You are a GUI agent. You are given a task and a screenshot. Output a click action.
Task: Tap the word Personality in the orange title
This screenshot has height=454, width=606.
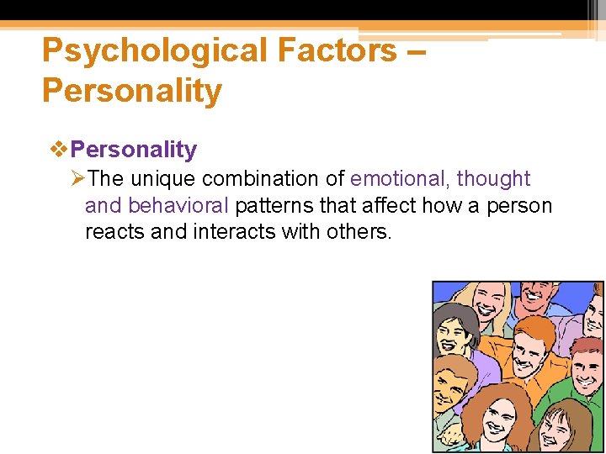[132, 90]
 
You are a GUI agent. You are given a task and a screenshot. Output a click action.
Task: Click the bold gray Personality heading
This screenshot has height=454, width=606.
[134, 150]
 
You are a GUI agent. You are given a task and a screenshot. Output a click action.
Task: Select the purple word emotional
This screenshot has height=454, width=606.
[399, 179]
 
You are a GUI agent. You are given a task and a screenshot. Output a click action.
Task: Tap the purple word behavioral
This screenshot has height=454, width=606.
[178, 206]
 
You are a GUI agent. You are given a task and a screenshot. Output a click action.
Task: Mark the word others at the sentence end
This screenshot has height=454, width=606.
[359, 232]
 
